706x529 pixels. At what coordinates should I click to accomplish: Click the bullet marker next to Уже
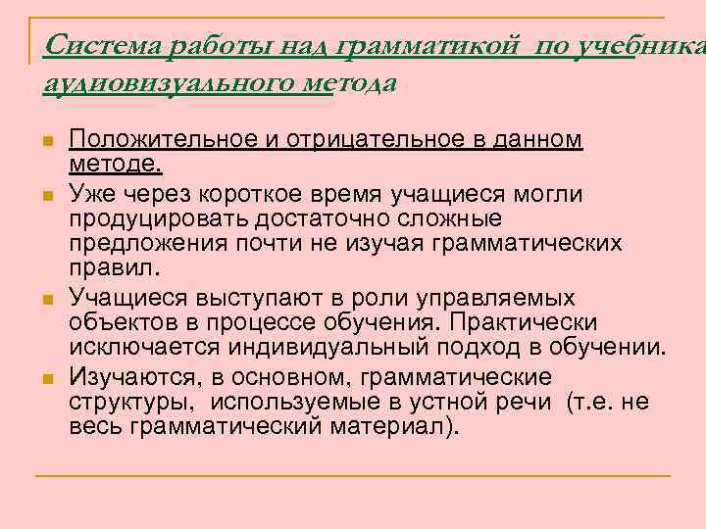(x=46, y=197)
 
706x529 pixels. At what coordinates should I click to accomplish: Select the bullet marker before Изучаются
(x=46, y=380)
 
